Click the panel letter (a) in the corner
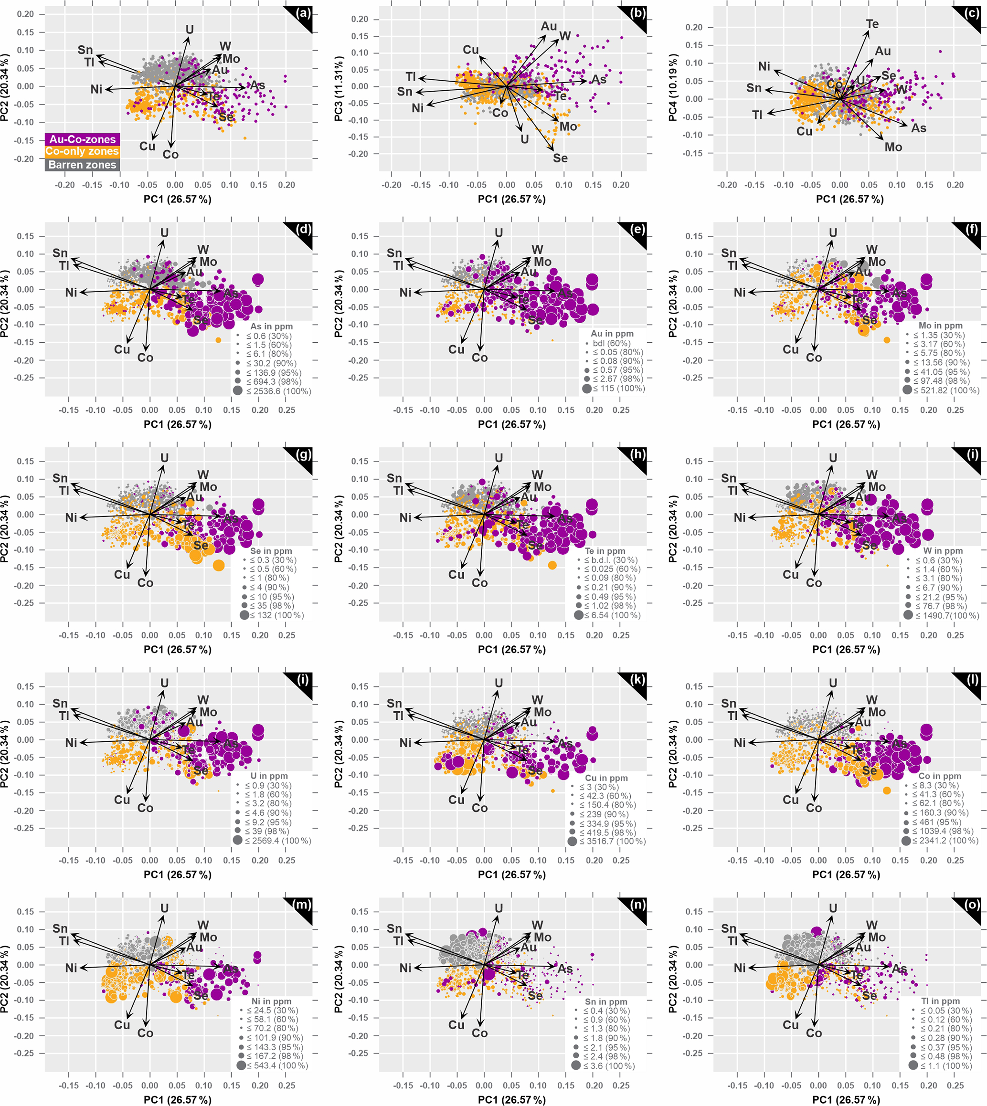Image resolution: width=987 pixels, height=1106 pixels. coord(304,13)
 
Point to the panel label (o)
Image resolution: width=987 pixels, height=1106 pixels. coord(973,905)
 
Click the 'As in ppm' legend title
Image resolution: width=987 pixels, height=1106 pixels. coord(271,327)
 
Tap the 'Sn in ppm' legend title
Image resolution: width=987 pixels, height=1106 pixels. coord(606,1002)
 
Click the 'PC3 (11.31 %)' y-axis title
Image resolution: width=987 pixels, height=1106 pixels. coord(339,88)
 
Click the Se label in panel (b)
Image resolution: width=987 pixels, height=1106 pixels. coord(560,158)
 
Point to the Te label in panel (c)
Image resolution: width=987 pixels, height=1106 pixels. coord(872,24)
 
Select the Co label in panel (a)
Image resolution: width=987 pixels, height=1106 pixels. coord(170,155)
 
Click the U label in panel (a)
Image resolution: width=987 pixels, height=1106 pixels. coord(189,30)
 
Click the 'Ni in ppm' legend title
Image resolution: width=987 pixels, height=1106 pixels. coord(271,1001)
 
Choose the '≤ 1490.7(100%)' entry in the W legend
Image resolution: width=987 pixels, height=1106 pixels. coord(947,615)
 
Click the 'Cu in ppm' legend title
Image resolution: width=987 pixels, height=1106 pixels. coord(606,778)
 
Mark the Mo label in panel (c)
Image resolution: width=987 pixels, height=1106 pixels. coord(893,147)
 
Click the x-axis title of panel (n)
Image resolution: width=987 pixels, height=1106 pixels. coord(511,1099)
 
